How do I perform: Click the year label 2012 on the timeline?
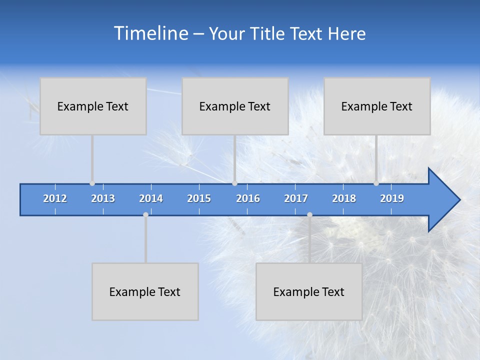[x=55, y=198]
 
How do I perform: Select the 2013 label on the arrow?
[x=103, y=198]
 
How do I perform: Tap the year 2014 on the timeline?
[x=151, y=198]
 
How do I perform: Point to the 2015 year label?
[x=199, y=198]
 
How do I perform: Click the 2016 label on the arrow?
[x=248, y=198]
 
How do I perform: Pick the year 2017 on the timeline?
[x=296, y=198]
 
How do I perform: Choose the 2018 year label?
[x=344, y=198]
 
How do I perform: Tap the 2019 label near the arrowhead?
[x=392, y=198]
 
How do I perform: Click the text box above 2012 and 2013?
[x=93, y=106]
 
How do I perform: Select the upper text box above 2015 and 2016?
[x=235, y=106]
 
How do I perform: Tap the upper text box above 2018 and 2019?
[x=377, y=106]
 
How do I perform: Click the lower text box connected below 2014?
[x=145, y=291]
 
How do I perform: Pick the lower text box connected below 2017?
[x=309, y=291]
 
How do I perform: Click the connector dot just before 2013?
[x=92, y=183]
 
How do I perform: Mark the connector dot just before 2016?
[x=234, y=183]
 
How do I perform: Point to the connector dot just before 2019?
[x=376, y=183]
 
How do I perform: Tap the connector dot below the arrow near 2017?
[x=309, y=214]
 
